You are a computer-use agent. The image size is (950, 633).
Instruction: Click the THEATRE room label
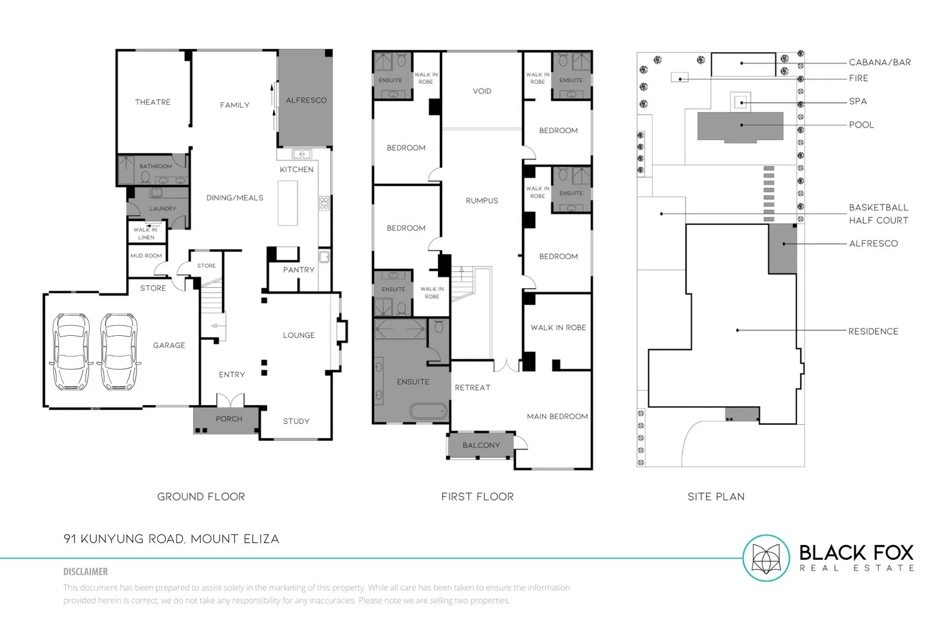click(x=152, y=102)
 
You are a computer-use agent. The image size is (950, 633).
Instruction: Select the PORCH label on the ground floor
click(x=229, y=418)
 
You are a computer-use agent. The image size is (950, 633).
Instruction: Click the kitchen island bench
click(x=287, y=203)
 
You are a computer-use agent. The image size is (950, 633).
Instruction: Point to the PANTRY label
click(x=298, y=270)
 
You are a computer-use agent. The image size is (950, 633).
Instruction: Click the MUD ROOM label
click(x=146, y=256)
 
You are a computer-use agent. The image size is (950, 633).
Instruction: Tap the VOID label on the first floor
click(x=482, y=91)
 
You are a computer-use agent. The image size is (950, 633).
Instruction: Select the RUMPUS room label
click(x=482, y=200)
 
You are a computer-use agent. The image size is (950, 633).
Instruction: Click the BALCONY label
click(x=481, y=445)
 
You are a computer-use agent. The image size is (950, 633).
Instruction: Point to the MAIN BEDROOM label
click(x=557, y=416)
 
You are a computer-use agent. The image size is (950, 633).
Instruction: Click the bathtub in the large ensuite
click(x=428, y=411)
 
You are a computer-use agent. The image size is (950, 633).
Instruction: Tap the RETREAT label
click(x=472, y=387)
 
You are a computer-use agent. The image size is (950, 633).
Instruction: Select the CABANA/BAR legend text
click(x=880, y=62)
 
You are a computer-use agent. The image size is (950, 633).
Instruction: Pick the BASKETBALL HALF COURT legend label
click(x=878, y=214)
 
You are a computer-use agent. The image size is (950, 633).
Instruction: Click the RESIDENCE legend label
click(x=873, y=331)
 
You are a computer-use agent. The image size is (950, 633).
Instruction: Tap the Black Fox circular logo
click(x=766, y=558)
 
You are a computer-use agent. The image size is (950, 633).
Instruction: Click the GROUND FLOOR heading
click(x=201, y=496)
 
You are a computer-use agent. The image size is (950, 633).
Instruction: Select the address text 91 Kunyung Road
click(x=171, y=539)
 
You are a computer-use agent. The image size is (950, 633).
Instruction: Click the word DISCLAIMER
click(x=86, y=571)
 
